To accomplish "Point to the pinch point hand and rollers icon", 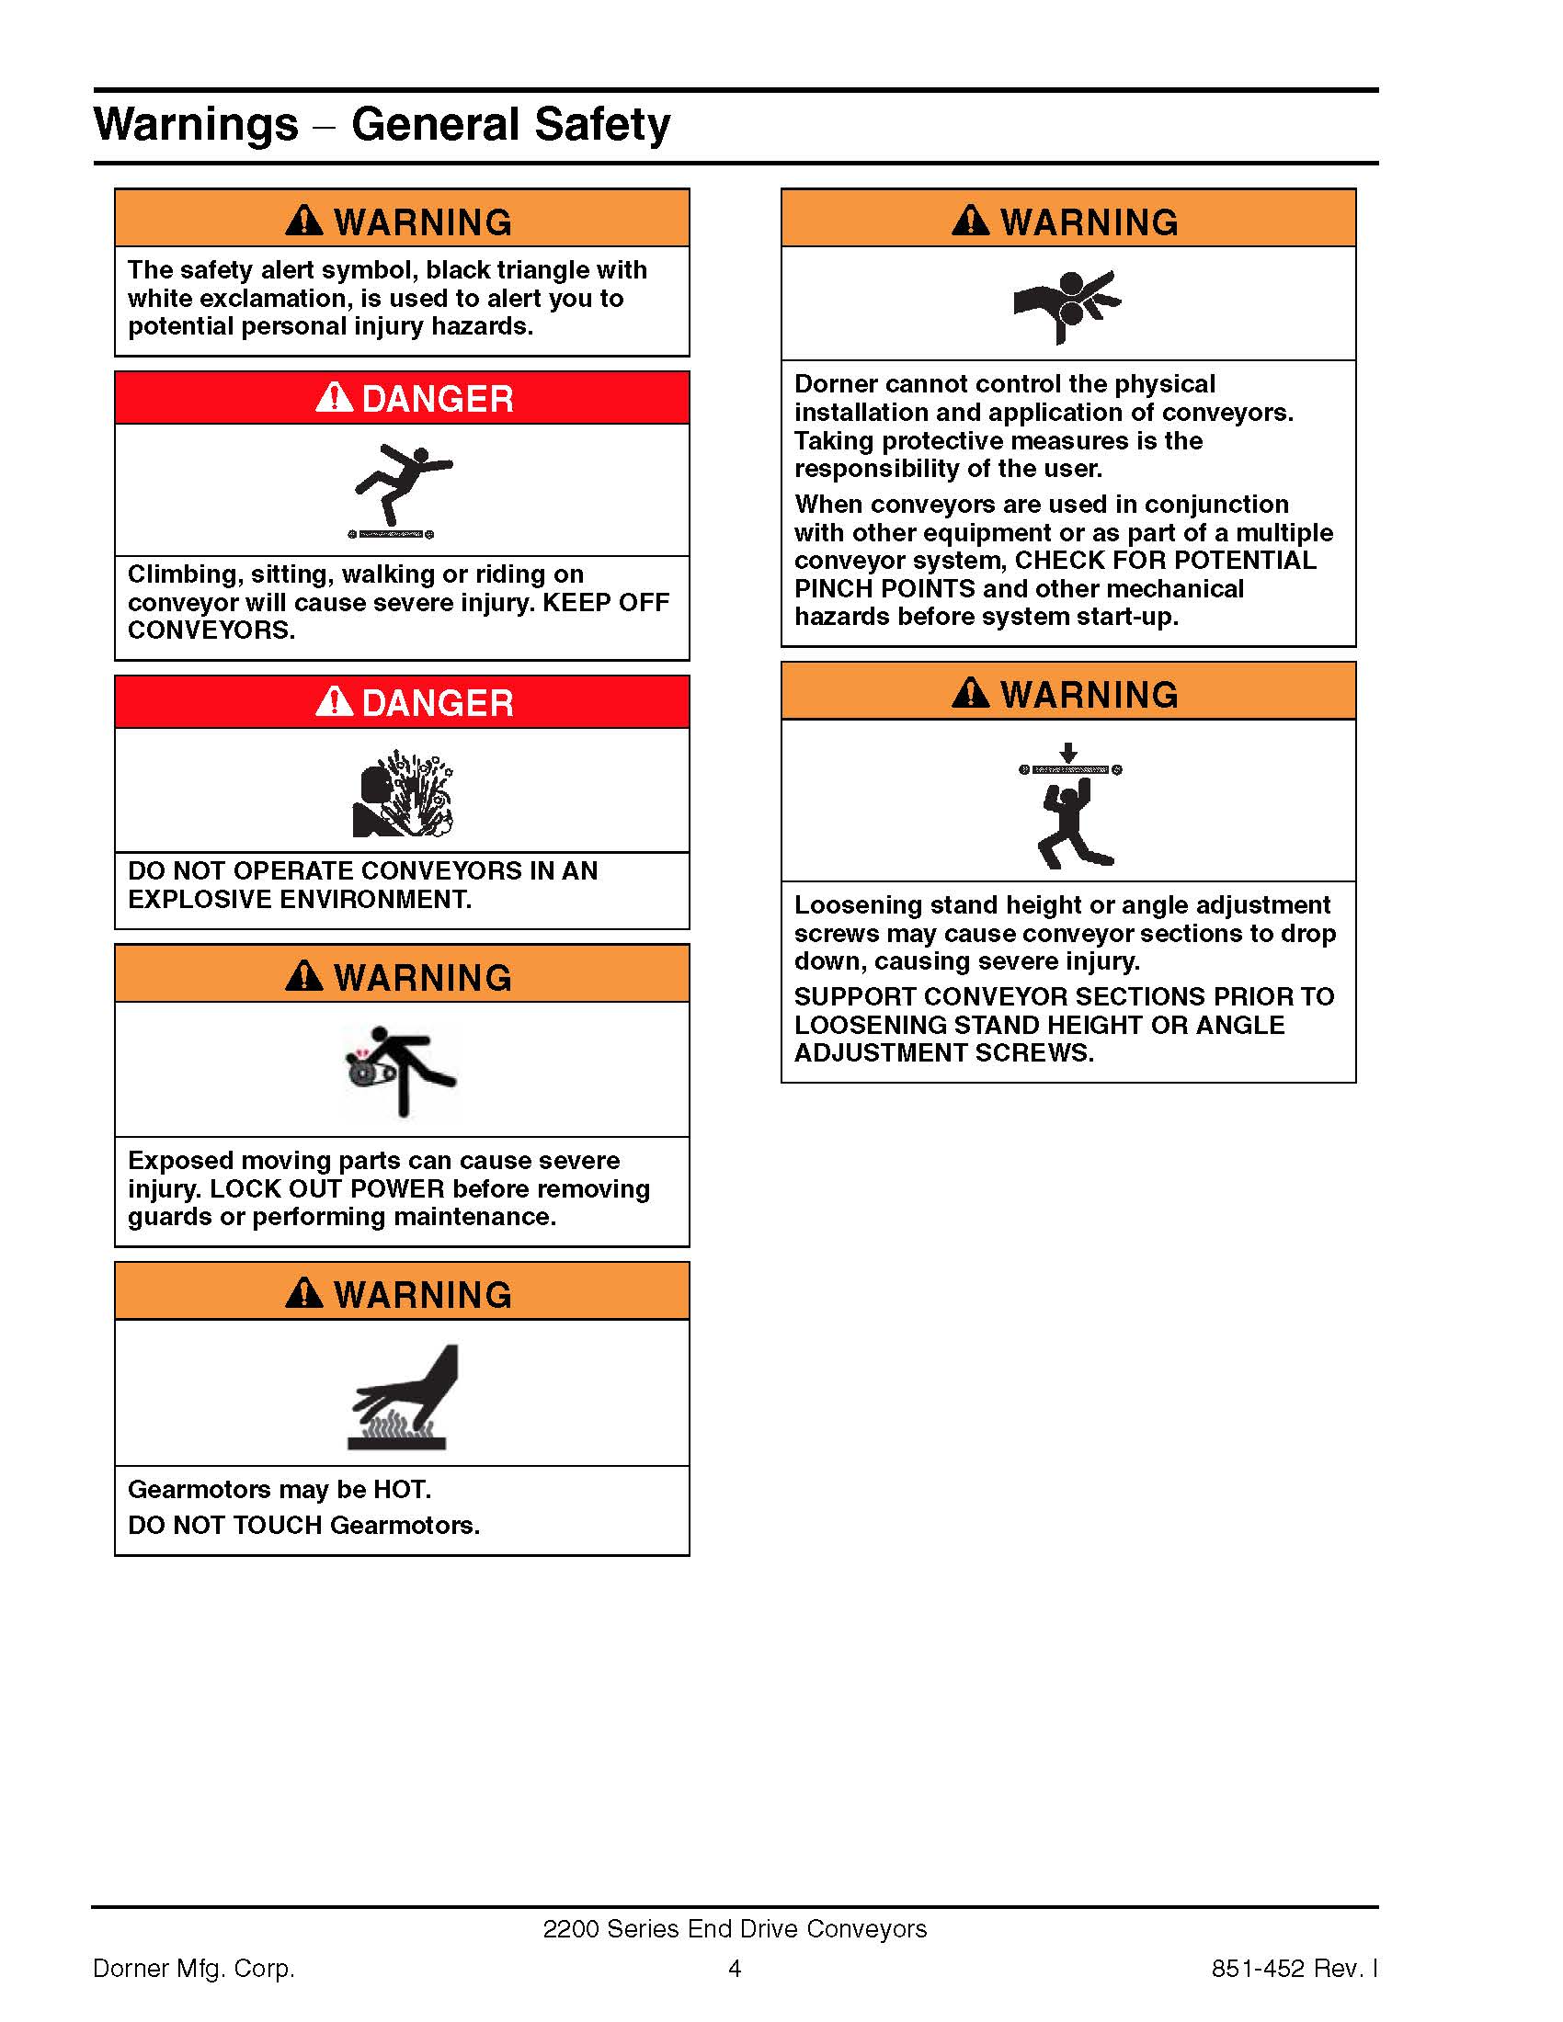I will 1067,303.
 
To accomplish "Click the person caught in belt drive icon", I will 400,1069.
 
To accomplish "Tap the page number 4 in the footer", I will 735,1969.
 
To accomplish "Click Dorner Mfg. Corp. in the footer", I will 194,1969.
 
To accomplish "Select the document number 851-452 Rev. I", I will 1295,1969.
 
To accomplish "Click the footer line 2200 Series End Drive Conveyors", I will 735,1928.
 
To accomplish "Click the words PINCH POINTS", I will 884,589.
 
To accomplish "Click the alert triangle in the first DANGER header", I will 335,397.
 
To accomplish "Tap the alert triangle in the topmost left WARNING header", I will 303,221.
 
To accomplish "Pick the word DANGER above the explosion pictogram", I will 437,703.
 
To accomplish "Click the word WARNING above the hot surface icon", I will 422,1294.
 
